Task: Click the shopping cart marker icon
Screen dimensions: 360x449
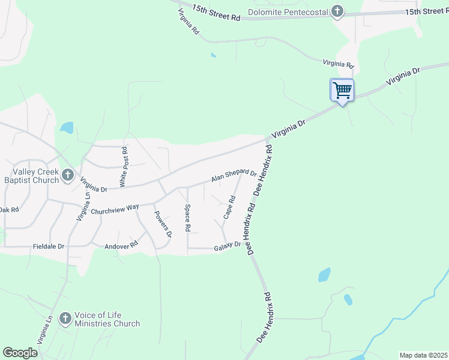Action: point(342,91)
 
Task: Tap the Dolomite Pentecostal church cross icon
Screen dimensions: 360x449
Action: point(338,11)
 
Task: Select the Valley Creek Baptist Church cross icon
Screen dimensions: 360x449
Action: point(67,175)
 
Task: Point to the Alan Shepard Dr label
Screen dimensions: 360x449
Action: point(234,176)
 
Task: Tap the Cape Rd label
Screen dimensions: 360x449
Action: point(229,207)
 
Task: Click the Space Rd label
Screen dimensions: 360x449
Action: point(187,218)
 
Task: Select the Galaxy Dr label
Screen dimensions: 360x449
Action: point(228,245)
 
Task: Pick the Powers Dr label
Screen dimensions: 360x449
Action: point(163,224)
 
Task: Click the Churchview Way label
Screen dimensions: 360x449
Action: point(115,209)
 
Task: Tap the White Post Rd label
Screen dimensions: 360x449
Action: point(124,167)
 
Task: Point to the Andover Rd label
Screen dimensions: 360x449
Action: point(121,245)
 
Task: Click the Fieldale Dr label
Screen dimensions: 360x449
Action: point(48,246)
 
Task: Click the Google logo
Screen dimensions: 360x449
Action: point(20,353)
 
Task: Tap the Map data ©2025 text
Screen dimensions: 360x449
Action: point(423,355)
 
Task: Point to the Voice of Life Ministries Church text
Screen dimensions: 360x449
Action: point(107,319)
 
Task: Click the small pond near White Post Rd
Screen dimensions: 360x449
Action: point(66,128)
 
